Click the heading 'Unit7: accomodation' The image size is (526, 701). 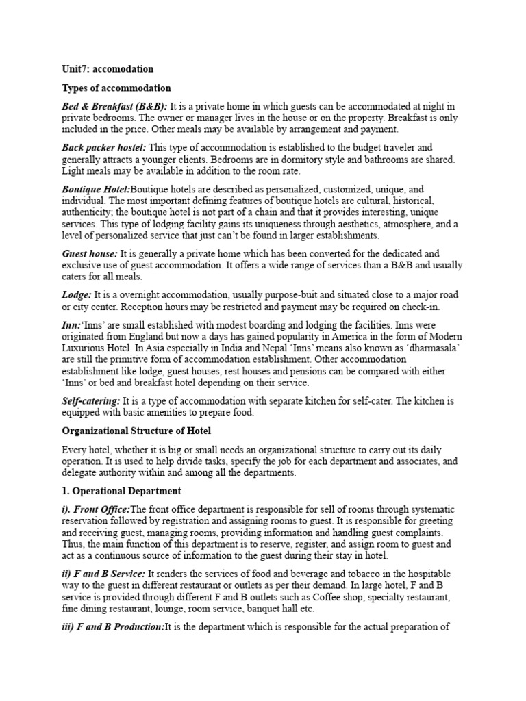(x=108, y=69)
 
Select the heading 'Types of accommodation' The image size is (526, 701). (x=116, y=88)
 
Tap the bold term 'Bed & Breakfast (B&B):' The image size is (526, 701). (x=114, y=107)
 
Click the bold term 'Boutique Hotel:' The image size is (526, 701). (x=96, y=188)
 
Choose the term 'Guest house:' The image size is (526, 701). (x=90, y=253)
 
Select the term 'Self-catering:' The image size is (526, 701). (x=91, y=400)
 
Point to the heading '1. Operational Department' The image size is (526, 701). (x=121, y=491)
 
